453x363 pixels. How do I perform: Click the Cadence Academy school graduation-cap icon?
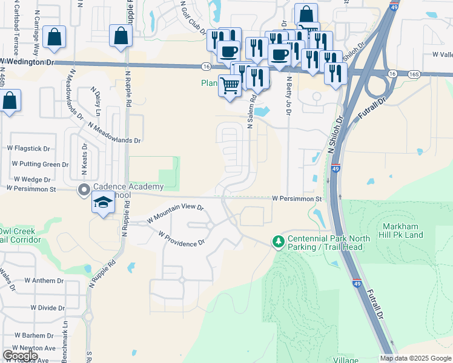(x=104, y=203)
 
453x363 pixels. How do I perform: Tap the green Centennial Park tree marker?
(x=278, y=241)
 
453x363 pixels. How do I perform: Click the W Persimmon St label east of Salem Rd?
(x=296, y=198)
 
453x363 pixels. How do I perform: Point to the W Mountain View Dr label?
(x=176, y=213)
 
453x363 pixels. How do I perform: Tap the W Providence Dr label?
(x=181, y=238)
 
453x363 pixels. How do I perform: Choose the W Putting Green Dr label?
(x=41, y=164)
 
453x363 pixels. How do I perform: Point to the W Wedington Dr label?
(x=27, y=61)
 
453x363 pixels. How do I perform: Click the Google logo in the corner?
(x=20, y=356)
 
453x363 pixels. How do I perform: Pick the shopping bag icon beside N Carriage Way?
(x=55, y=38)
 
